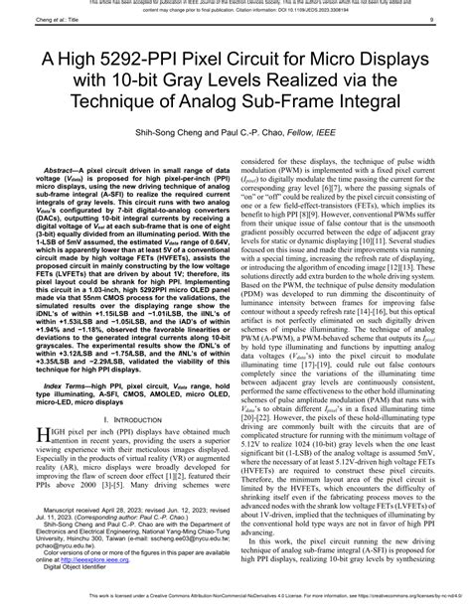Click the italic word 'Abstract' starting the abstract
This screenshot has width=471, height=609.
(x=62, y=172)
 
